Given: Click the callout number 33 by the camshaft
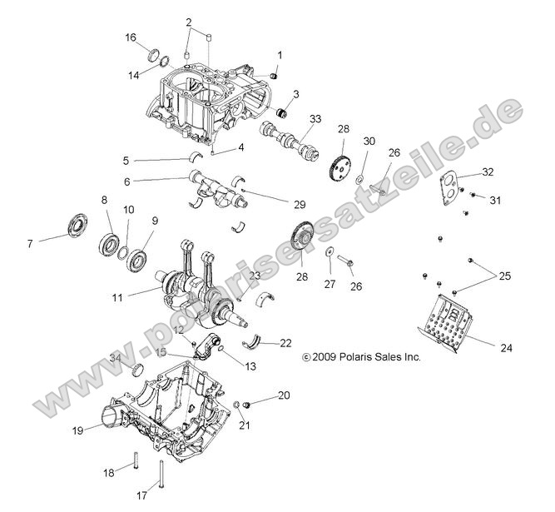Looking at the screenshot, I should (x=315, y=118).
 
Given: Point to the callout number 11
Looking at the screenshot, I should (x=116, y=296).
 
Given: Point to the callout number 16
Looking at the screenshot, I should (x=131, y=37).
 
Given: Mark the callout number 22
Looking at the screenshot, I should (x=262, y=343).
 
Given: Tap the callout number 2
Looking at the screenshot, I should (x=189, y=22).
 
